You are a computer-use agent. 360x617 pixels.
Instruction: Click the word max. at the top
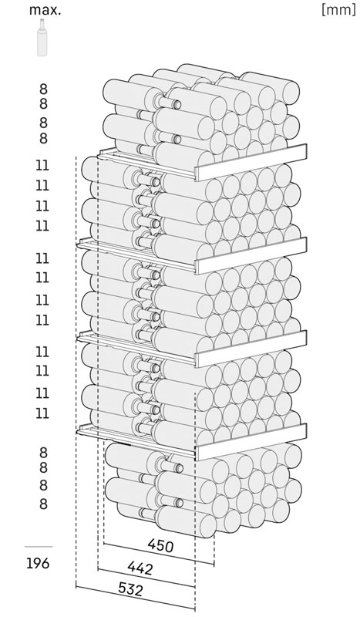tap(45, 10)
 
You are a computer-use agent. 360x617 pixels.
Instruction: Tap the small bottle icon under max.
tap(42, 37)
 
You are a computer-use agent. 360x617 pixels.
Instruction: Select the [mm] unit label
tap(338, 10)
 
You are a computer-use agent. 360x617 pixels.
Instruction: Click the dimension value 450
tap(160, 545)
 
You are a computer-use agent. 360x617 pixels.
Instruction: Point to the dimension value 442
tap(140, 568)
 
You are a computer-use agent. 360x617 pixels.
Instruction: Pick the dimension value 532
tap(130, 589)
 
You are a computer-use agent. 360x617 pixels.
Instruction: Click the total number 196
tap(39, 564)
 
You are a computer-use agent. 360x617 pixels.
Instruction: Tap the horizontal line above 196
tap(39, 547)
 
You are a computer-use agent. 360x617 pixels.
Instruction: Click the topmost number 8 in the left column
tap(43, 89)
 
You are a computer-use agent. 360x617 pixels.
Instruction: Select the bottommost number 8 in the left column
tap(43, 504)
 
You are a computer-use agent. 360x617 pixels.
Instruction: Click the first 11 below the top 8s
tap(42, 165)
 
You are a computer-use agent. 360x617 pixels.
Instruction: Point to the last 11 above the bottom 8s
tap(42, 413)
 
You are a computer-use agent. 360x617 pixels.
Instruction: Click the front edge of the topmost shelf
tap(251, 163)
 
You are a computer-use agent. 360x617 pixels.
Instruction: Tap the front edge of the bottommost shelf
tap(251, 442)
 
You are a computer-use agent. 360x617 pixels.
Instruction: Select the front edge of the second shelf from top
tap(251, 256)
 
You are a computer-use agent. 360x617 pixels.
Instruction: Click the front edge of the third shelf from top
tap(251, 349)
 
